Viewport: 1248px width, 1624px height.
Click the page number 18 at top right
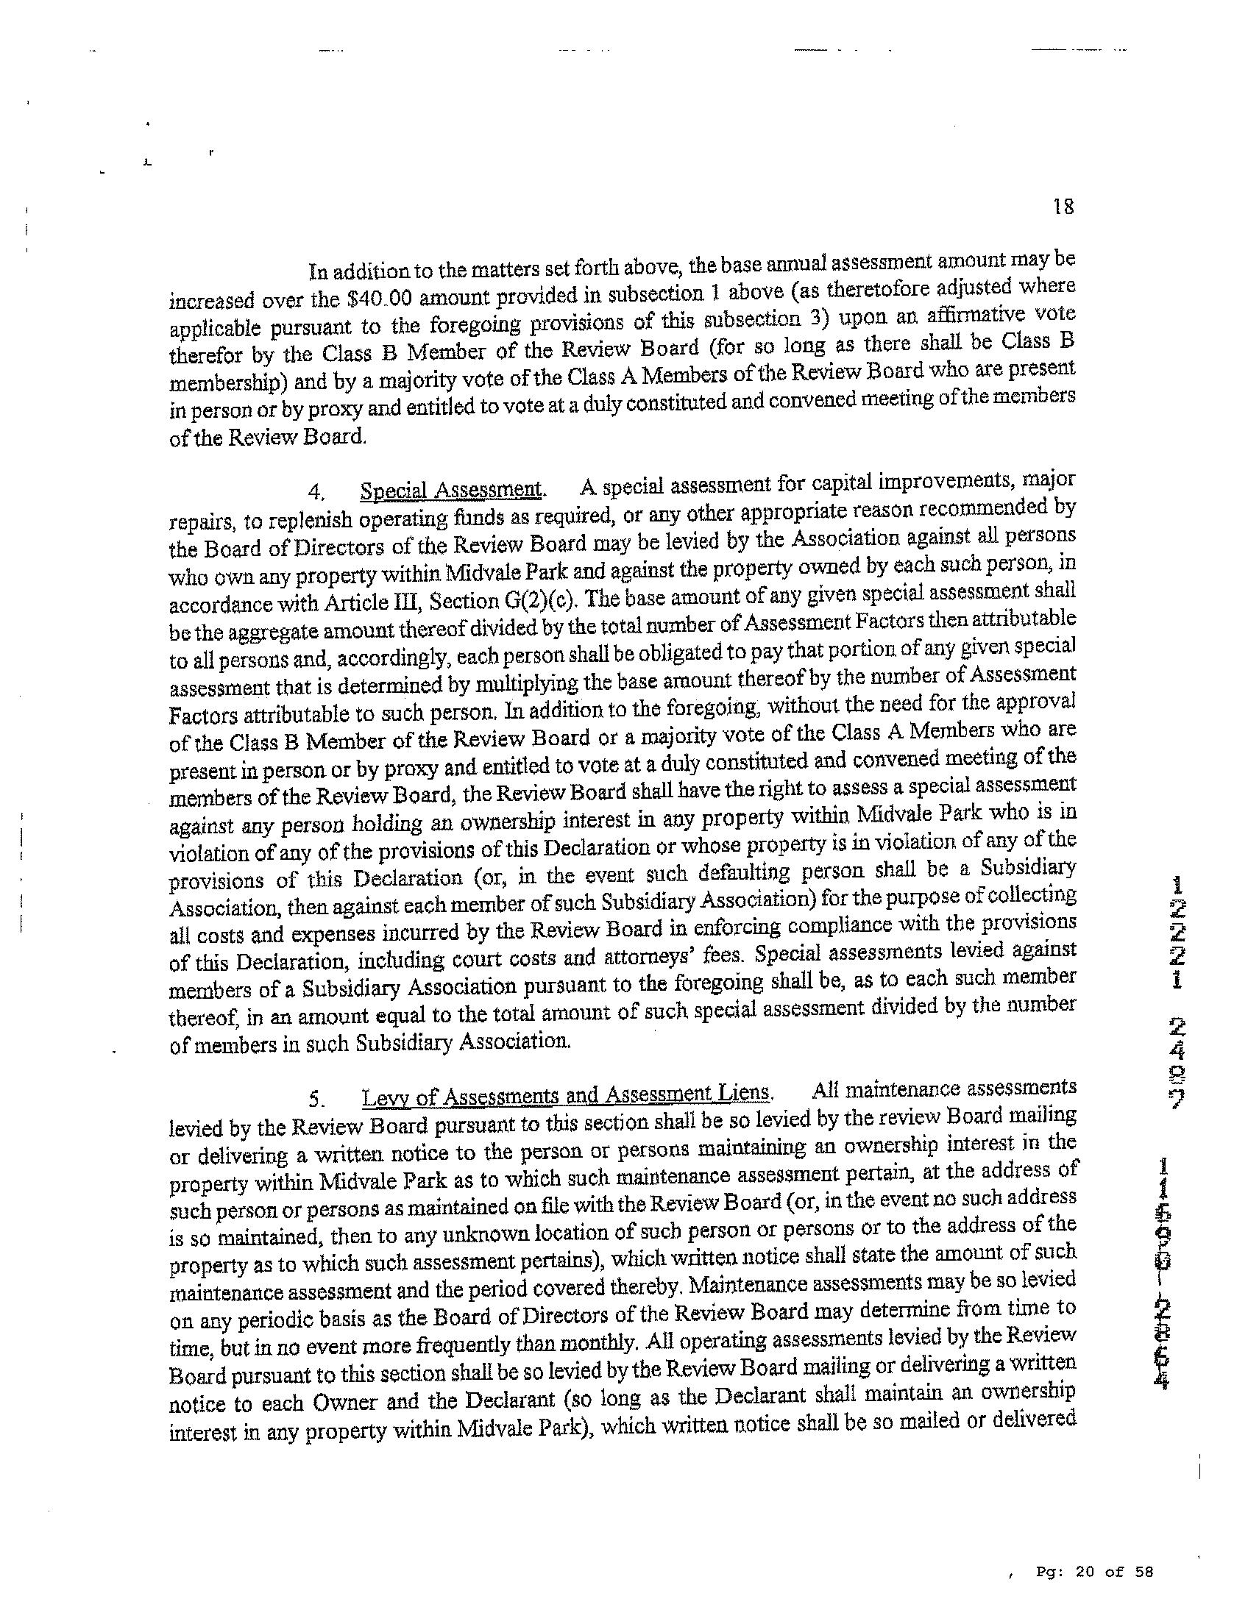tap(1063, 207)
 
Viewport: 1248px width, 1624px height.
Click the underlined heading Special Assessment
tap(451, 490)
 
